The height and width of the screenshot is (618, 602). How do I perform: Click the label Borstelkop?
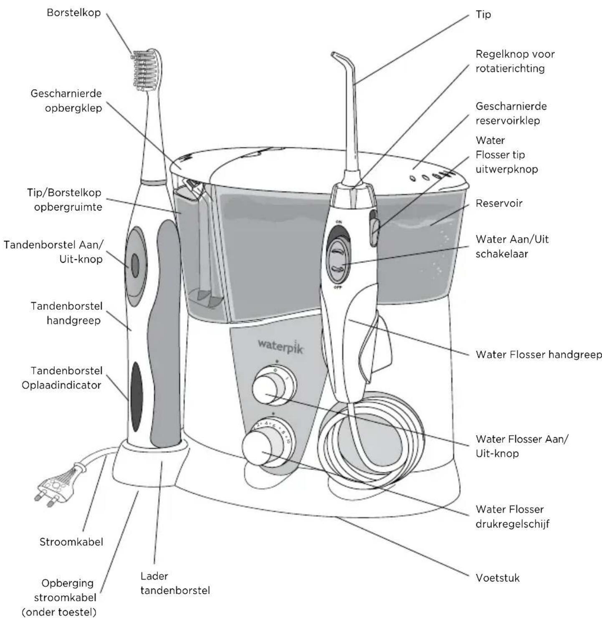tap(74, 13)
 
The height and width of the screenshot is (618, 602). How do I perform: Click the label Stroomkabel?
tap(71, 542)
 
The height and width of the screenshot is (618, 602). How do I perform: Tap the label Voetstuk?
tap(498, 578)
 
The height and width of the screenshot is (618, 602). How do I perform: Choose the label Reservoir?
tap(499, 203)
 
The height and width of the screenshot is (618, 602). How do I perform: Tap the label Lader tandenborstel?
tap(175, 583)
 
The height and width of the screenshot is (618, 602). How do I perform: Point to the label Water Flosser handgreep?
tap(539, 354)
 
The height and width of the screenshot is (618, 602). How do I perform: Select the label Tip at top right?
tap(483, 15)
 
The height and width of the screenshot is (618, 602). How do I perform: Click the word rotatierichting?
tap(510, 68)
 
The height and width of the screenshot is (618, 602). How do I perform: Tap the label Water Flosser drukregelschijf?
tap(512, 516)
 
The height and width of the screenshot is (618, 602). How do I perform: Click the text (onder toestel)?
tap(59, 612)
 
